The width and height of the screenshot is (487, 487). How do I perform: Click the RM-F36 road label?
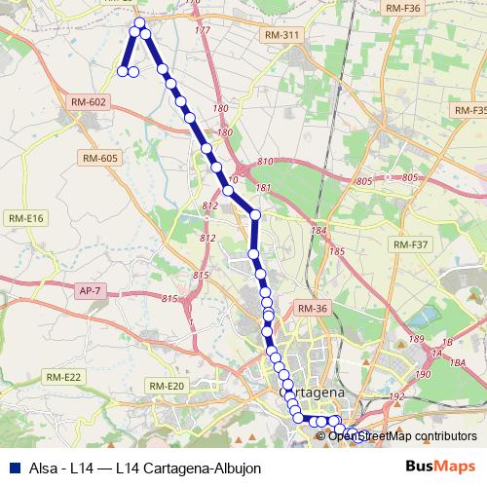pos(402,8)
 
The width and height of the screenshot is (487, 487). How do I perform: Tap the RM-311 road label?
pos(282,35)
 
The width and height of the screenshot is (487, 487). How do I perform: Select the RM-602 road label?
pos(88,101)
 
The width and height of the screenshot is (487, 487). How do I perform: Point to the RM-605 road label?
pos(100,158)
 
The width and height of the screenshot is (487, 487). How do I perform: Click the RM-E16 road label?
pos(26,218)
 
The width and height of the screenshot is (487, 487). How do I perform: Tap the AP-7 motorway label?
pos(89,290)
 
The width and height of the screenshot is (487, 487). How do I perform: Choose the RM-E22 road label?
pos(65,377)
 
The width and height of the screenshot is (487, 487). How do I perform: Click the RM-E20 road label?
pos(166,387)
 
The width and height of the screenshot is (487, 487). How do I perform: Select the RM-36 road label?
pos(313,309)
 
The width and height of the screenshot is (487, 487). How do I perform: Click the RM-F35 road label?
pos(469,111)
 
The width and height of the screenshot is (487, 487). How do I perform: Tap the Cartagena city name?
pos(315,392)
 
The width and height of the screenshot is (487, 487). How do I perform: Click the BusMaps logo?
pos(441,467)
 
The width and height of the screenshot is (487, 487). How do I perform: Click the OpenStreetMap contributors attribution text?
pos(402,435)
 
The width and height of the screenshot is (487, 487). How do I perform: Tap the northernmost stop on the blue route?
pos(139,22)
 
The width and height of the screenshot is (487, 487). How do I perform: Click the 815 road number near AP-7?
pos(171,298)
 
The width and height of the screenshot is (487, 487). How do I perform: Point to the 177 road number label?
pos(203,31)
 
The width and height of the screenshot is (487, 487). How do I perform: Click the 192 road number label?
pos(396,396)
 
